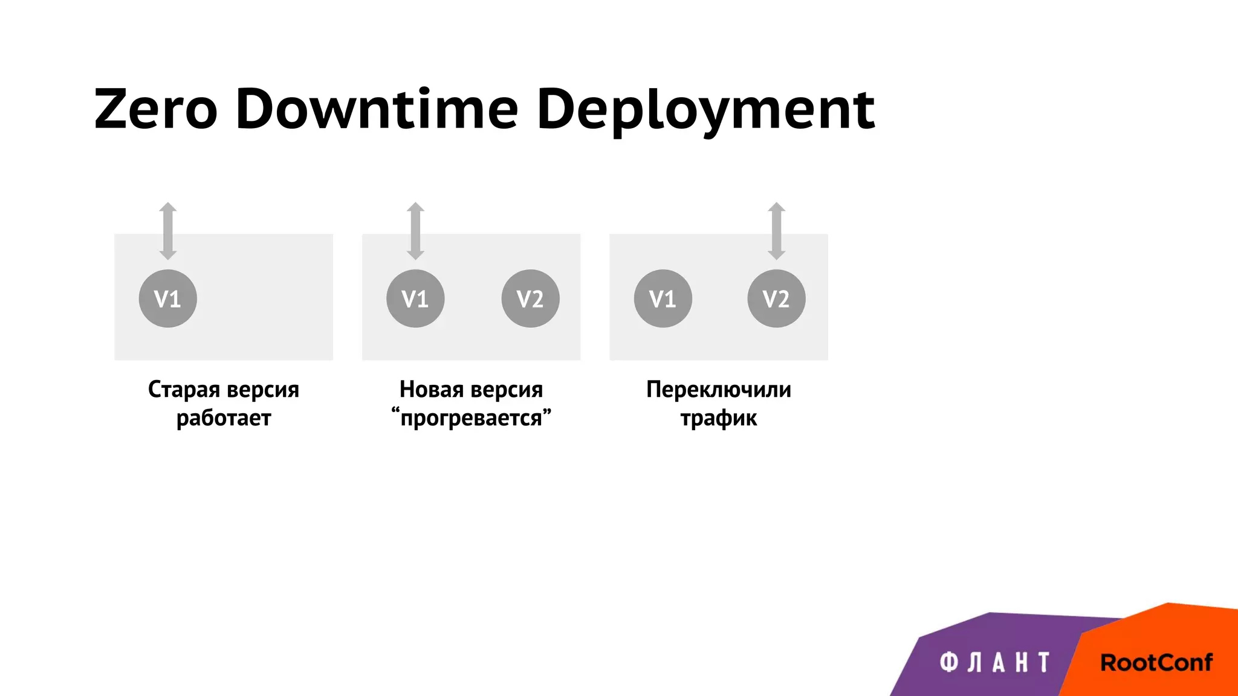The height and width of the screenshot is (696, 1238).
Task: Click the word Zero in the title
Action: tap(156, 109)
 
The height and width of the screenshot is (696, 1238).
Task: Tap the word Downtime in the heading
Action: tap(377, 109)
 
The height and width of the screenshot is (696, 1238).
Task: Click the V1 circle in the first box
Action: tap(167, 298)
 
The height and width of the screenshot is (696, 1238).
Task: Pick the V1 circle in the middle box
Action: tap(415, 298)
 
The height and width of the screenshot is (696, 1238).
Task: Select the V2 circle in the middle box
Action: tap(530, 298)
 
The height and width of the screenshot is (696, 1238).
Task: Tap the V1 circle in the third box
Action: tap(663, 298)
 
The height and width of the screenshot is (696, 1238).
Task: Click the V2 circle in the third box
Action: tap(776, 298)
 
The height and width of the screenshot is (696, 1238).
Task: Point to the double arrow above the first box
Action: tap(167, 231)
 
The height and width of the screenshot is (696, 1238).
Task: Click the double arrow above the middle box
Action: tap(415, 231)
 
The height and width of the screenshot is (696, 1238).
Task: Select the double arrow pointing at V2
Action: tap(776, 231)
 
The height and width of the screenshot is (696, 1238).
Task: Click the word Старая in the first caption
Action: tap(184, 390)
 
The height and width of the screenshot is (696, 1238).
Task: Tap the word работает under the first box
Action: tap(224, 418)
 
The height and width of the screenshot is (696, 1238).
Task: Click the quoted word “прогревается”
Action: tap(471, 418)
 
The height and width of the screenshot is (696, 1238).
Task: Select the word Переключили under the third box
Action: tap(718, 390)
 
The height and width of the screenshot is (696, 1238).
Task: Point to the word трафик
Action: tap(718, 418)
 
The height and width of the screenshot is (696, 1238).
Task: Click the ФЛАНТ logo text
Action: tap(995, 663)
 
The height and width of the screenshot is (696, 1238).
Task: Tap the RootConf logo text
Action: tap(1156, 663)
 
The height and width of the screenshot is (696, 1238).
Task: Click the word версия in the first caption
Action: tap(262, 390)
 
